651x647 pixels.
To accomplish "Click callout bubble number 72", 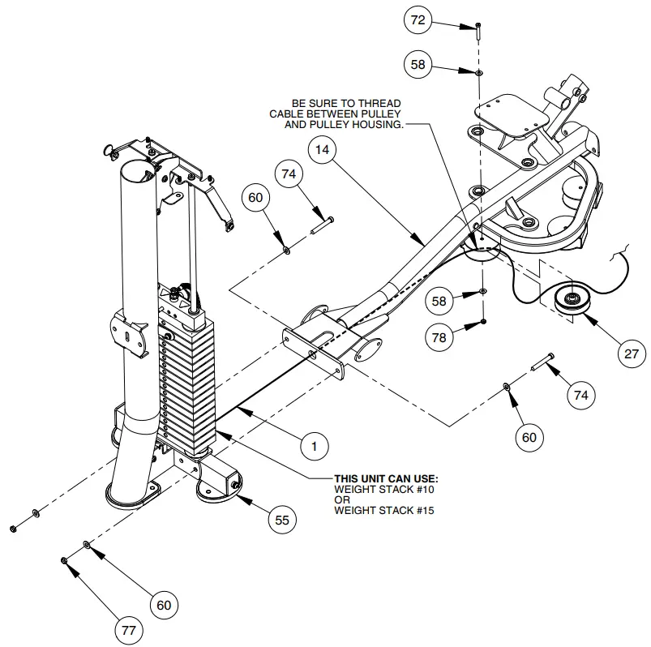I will tap(418, 21).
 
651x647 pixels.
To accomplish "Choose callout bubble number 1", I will tap(315, 444).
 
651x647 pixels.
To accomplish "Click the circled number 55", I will tap(281, 520).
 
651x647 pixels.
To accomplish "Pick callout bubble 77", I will tap(127, 629).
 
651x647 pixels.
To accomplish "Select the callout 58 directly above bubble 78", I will tap(440, 300).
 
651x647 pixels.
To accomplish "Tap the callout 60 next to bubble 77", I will tap(163, 605).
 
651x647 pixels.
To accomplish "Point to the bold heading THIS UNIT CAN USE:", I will tap(386, 479).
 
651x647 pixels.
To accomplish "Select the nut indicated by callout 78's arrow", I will tap(483, 322).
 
